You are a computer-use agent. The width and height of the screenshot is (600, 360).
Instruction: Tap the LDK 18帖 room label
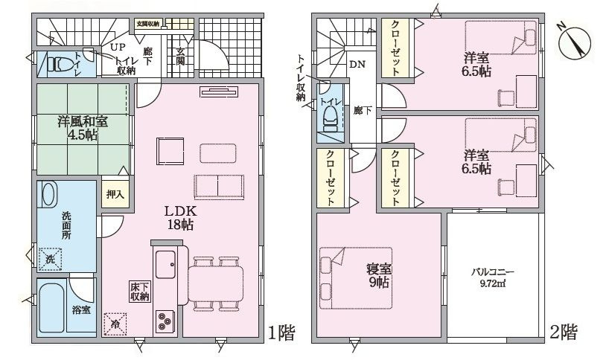pyautogui.click(x=181, y=217)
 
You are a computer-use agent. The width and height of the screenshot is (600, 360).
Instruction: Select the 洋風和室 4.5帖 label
pyautogui.click(x=83, y=129)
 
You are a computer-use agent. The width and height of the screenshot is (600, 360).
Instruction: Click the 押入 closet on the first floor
pyautogui.click(x=115, y=194)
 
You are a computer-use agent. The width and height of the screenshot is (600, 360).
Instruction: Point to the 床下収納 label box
pyautogui.click(x=140, y=292)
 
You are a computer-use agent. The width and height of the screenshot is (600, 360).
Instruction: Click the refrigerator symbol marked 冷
pyautogui.click(x=115, y=324)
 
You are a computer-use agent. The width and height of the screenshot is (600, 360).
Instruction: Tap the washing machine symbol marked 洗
pyautogui.click(x=50, y=259)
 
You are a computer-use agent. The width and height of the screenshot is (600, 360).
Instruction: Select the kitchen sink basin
pyautogui.click(x=166, y=265)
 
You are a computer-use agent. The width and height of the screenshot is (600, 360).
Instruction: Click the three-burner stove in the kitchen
pyautogui.click(x=166, y=321)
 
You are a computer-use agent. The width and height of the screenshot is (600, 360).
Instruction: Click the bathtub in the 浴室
pyautogui.click(x=51, y=308)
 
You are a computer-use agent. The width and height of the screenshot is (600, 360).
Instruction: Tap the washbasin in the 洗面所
pyautogui.click(x=48, y=195)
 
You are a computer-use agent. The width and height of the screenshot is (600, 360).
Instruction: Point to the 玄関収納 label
pyautogui.click(x=148, y=23)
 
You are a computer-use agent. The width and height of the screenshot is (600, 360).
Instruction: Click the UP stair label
pyautogui.click(x=118, y=48)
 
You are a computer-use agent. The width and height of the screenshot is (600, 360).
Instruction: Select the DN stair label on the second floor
pyautogui.click(x=357, y=64)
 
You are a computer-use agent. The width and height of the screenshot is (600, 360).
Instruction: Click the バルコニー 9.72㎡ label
pyautogui.click(x=492, y=278)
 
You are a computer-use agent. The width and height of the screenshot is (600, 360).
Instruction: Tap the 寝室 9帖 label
pyautogui.click(x=379, y=276)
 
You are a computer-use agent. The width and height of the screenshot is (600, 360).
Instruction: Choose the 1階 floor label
pyautogui.click(x=281, y=333)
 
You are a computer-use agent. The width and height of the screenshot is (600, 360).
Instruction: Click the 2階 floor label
pyautogui.click(x=564, y=332)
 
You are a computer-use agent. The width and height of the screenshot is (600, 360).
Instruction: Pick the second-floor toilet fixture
pyautogui.click(x=331, y=119)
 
